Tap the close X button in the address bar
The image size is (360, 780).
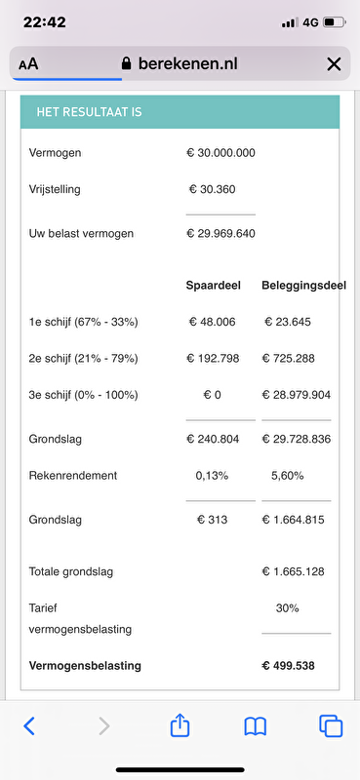pos(334,64)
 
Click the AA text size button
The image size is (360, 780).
pos(28,64)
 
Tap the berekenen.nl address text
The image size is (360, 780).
pos(188,64)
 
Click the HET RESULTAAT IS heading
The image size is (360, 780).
pos(89,112)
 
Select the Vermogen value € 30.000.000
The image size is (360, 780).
pos(220,153)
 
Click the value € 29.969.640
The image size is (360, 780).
pos(220,233)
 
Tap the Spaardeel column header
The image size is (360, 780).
pos(214,285)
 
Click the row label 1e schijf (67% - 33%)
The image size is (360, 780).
pos(84,322)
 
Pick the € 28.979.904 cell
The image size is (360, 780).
pos(296,395)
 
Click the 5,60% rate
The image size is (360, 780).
pos(286,475)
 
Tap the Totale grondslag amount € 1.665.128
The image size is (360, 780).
pos(296,571)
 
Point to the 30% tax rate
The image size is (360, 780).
pos(287,607)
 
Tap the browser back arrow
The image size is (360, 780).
pos(29,725)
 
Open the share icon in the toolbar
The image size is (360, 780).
pos(180,724)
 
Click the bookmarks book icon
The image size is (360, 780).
pos(256,725)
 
